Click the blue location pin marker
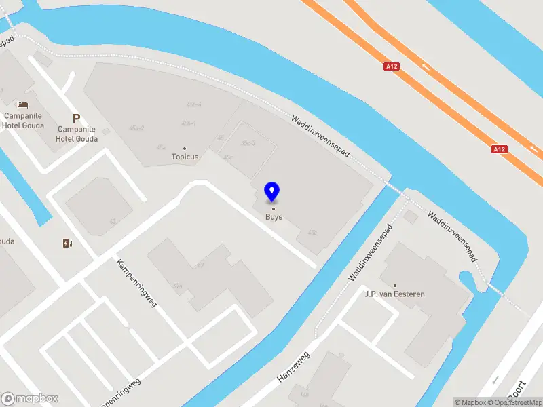coord(272,192)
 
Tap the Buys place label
coord(274,217)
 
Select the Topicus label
coord(185,157)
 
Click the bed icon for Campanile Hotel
coord(23,105)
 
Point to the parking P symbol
coord(77,118)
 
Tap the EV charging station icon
coord(67,243)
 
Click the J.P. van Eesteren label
coord(394,294)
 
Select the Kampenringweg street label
coord(136,283)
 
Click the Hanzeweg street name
coord(293,367)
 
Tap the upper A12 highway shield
coord(391,66)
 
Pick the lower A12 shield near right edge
coord(500,149)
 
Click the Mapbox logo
coord(30,399)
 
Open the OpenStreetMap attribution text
coord(519,402)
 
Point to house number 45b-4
coord(194,104)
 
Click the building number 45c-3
coord(248,142)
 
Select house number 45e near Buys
coord(312,232)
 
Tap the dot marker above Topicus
coord(185,148)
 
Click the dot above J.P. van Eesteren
coord(394,286)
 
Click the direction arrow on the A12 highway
coord(426,66)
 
